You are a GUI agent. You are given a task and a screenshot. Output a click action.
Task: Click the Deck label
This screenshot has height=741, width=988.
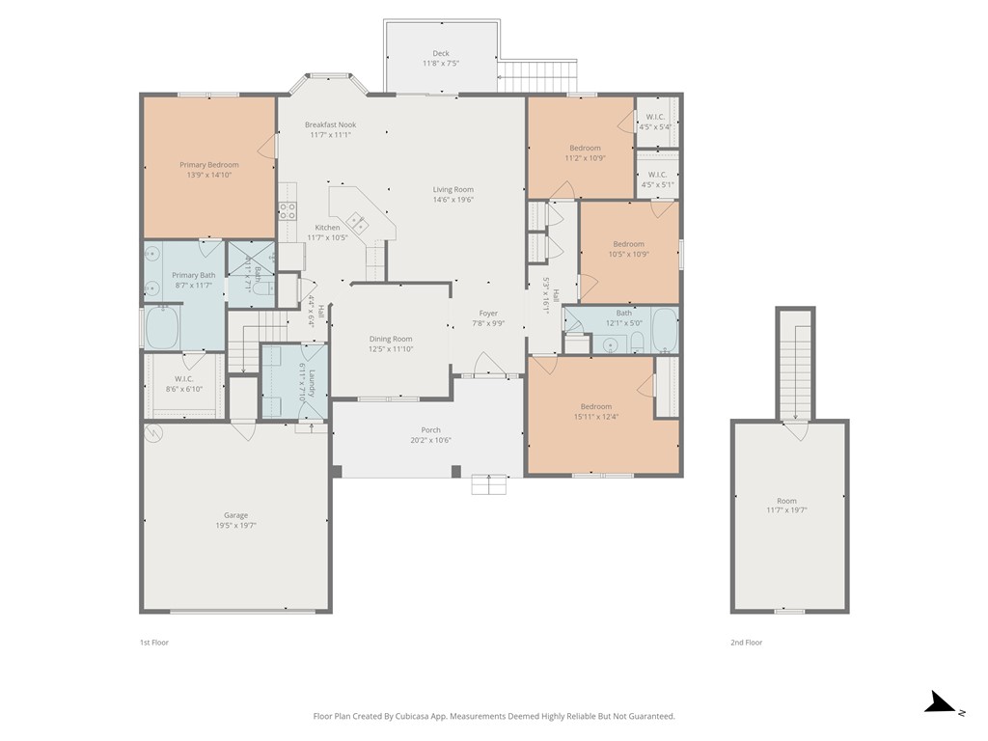pyautogui.click(x=440, y=54)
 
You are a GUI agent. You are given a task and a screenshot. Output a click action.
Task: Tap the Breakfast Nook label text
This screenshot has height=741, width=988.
pyautogui.click(x=330, y=124)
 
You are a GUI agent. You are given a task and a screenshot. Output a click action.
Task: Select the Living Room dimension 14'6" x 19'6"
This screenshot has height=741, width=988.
pyautogui.click(x=453, y=200)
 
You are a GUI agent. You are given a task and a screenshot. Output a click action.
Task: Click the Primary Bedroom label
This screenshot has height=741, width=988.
pyautogui.click(x=209, y=165)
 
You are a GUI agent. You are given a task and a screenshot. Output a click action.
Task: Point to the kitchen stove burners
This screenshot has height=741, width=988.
pyautogui.click(x=288, y=210)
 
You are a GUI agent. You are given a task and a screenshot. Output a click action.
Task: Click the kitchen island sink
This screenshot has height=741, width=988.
pyautogui.click(x=357, y=222)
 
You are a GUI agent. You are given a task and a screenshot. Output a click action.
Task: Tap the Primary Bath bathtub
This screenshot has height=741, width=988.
pyautogui.click(x=162, y=326)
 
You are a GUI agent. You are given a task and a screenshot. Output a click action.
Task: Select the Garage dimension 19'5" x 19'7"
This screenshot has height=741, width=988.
pyautogui.click(x=235, y=526)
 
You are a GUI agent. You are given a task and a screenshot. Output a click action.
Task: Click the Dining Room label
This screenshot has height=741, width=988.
pyautogui.click(x=391, y=339)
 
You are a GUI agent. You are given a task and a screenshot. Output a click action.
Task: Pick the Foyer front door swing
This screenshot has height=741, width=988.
pyautogui.click(x=486, y=364)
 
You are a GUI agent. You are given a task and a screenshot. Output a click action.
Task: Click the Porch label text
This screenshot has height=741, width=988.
pyautogui.click(x=431, y=430)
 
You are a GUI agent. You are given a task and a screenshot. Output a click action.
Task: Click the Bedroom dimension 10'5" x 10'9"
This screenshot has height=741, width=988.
pyautogui.click(x=629, y=255)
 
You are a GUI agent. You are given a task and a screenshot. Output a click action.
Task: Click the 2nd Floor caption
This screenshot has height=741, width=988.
pyautogui.click(x=746, y=643)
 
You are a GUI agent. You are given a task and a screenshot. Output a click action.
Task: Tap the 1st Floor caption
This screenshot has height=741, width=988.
pyautogui.click(x=153, y=643)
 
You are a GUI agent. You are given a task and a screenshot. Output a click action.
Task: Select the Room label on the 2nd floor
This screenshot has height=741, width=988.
pyautogui.click(x=786, y=501)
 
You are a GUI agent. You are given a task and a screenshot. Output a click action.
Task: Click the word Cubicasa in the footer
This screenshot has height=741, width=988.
pyautogui.click(x=415, y=717)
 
